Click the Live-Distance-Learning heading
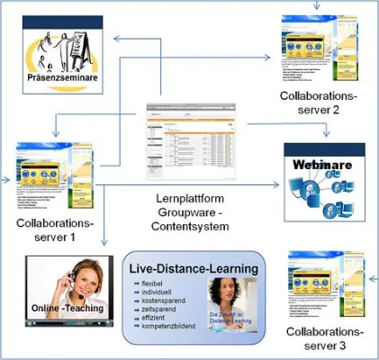[x=194, y=269]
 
